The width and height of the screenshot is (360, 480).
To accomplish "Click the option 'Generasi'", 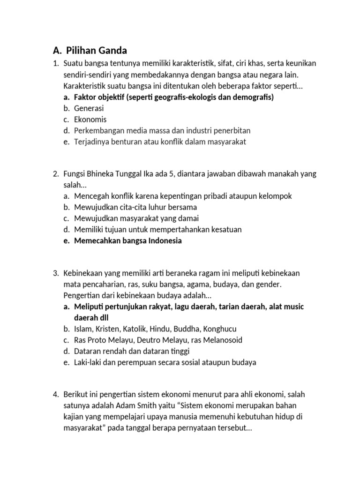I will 89,108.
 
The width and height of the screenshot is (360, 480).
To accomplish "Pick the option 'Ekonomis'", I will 90,120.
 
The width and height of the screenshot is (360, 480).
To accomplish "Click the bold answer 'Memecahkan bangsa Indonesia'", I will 127,241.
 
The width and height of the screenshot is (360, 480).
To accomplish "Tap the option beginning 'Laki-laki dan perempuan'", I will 165,362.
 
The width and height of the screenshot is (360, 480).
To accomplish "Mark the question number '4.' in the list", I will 55,394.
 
